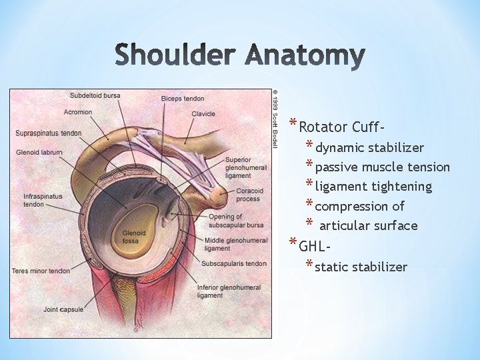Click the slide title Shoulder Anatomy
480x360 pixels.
[x=240, y=57]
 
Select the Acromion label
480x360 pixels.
[x=78, y=112]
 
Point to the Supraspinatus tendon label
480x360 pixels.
[x=49, y=133]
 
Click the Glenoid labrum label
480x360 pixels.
[x=39, y=153]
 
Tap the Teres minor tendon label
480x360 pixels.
[x=41, y=271]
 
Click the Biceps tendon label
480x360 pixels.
[x=183, y=99]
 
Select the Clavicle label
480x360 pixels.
[x=203, y=114]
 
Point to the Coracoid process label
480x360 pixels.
[x=248, y=195]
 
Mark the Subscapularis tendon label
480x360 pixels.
[x=235, y=264]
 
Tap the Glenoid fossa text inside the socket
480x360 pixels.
[x=131, y=237]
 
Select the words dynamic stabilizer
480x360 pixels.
[x=369, y=147]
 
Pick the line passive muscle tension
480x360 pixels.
[x=382, y=167]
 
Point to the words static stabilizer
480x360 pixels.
[x=361, y=267]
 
